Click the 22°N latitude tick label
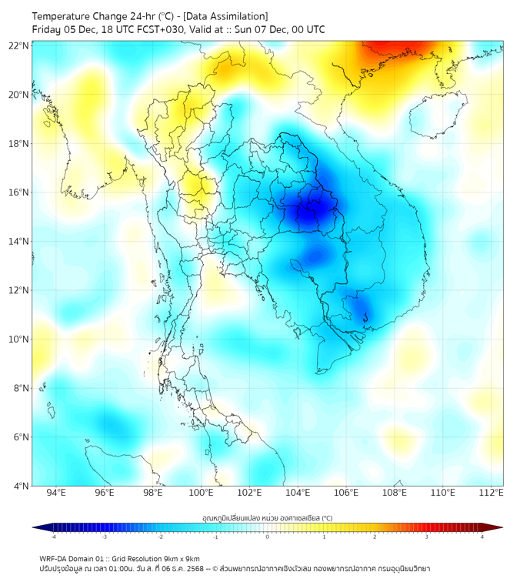click(19, 46)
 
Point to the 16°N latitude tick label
click(19, 192)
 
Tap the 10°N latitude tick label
click(19, 339)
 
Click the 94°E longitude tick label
click(56, 493)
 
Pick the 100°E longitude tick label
click(202, 493)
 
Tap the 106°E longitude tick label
click(347, 493)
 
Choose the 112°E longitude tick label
click(492, 493)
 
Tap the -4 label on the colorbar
click(53, 537)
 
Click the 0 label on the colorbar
click(268, 537)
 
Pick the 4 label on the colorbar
click(482, 537)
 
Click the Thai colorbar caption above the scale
click(268, 517)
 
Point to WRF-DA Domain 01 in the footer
click(74, 558)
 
